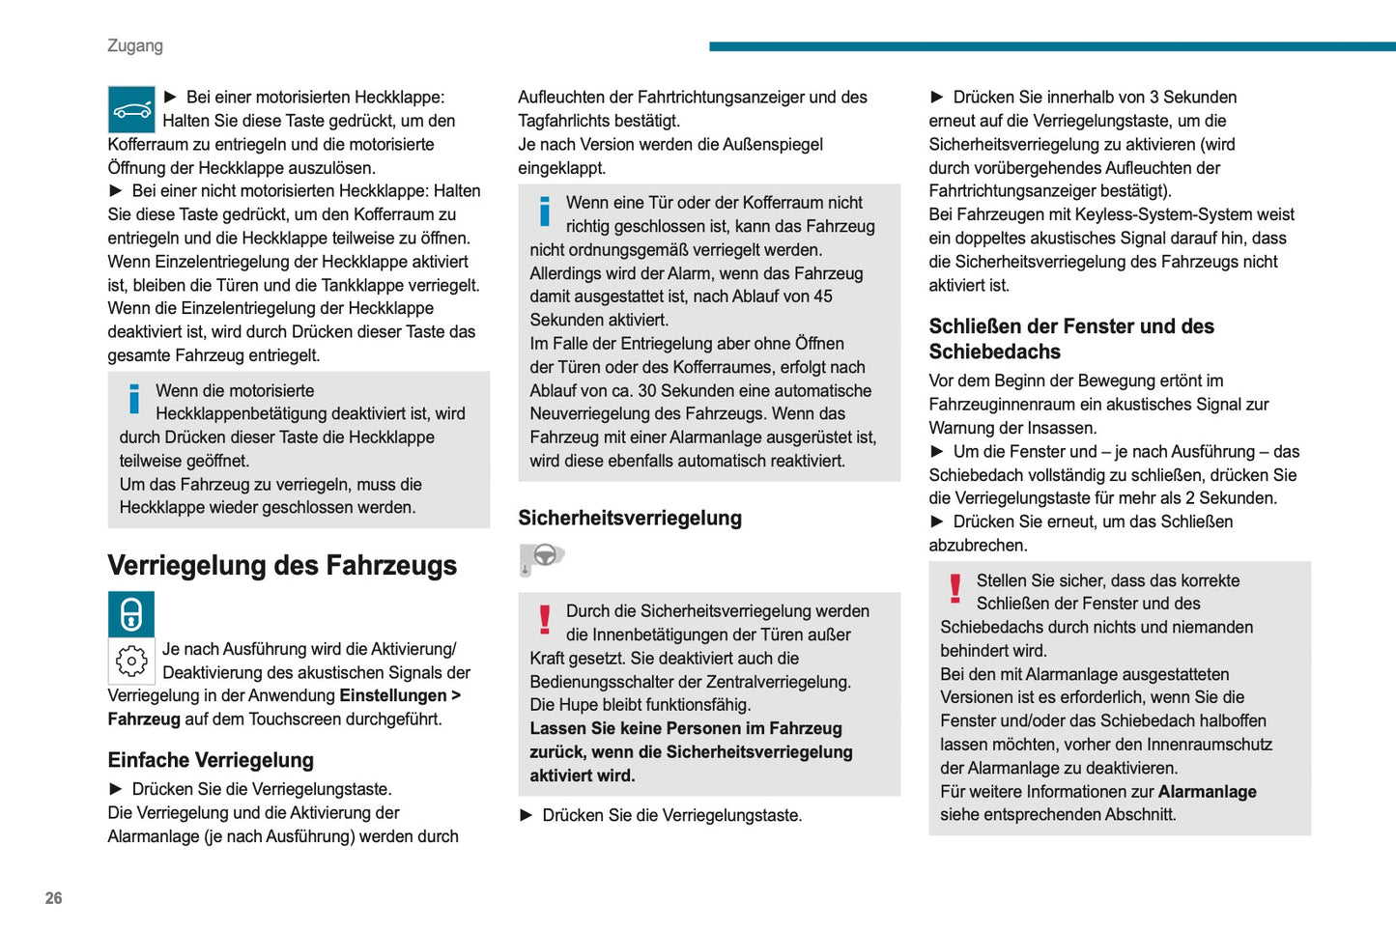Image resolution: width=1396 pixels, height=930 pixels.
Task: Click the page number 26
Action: point(53,898)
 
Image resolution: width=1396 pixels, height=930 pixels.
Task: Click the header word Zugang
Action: point(135,45)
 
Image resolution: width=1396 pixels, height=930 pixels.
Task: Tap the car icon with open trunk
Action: point(131,109)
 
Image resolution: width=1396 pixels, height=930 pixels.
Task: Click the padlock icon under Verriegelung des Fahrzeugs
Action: point(131,614)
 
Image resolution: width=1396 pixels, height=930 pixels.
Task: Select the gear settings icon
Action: point(131,661)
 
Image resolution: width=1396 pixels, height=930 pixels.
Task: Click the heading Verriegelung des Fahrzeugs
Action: point(282,565)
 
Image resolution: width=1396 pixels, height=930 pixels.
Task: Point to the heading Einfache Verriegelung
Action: point(211,760)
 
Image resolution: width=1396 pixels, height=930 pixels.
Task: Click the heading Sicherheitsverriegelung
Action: point(630,518)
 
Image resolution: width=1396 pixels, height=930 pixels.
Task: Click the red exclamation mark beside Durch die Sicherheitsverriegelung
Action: point(545,619)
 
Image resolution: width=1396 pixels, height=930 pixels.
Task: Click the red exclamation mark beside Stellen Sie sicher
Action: point(955,588)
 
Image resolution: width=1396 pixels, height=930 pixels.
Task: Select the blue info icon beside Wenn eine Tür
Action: point(545,211)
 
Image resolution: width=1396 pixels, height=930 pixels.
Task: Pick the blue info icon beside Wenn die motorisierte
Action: point(134,399)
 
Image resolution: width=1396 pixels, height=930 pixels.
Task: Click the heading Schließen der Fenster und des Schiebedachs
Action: point(1071,339)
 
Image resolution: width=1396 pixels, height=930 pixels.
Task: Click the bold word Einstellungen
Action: point(393,695)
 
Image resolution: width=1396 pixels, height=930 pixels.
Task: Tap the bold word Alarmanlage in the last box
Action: point(1207,792)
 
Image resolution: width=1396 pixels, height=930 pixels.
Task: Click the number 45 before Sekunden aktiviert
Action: point(823,296)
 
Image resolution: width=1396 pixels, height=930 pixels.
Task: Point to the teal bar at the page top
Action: point(1052,46)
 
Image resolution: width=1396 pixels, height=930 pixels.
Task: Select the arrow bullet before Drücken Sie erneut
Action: point(936,521)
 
